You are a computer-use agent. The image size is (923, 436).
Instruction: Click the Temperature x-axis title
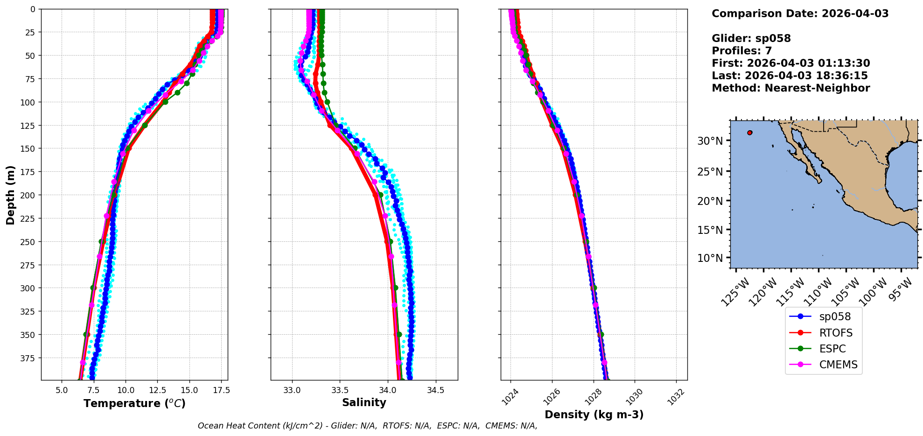(x=134, y=403)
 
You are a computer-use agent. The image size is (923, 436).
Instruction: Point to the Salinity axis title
(x=364, y=402)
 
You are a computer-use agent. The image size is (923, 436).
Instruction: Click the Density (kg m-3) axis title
(x=594, y=415)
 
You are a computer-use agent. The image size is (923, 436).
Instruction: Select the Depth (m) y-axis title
(x=10, y=195)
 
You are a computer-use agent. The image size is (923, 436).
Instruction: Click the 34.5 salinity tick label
(x=435, y=390)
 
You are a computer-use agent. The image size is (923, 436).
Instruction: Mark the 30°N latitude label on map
(x=710, y=141)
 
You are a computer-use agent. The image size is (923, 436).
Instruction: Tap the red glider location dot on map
(x=750, y=133)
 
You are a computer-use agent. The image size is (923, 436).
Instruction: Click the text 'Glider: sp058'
(x=751, y=38)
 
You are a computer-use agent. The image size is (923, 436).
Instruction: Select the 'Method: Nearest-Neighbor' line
(x=790, y=88)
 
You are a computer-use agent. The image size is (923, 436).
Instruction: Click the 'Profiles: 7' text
(x=741, y=51)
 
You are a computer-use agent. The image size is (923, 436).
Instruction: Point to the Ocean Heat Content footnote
(x=367, y=426)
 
